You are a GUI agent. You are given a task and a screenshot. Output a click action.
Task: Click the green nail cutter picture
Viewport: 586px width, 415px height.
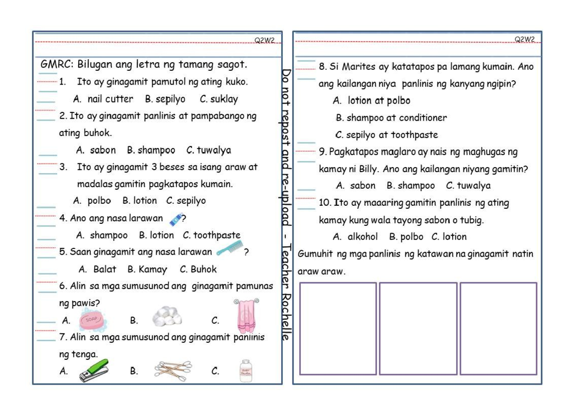pyautogui.click(x=94, y=371)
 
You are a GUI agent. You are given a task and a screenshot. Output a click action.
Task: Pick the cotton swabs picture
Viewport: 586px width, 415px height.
pyautogui.click(x=173, y=371)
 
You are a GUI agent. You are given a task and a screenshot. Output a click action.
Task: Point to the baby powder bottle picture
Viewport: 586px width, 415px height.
pyautogui.click(x=245, y=371)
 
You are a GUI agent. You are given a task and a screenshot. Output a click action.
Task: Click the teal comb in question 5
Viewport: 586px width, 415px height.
pyautogui.click(x=229, y=249)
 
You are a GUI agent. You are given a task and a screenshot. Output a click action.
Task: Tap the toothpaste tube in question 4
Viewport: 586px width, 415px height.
pyautogui.click(x=175, y=218)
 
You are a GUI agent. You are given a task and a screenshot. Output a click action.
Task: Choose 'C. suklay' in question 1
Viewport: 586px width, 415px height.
pyautogui.click(x=219, y=99)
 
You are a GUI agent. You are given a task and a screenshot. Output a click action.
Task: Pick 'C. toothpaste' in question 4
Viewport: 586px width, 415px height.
pyautogui.click(x=211, y=235)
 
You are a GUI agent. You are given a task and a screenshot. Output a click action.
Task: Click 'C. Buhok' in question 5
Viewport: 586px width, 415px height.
pyautogui.click(x=198, y=269)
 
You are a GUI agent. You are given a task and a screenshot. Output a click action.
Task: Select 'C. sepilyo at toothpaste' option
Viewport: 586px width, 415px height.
pyautogui.click(x=386, y=135)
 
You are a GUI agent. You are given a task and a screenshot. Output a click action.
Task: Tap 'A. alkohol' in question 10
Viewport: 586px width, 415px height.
pyautogui.click(x=355, y=237)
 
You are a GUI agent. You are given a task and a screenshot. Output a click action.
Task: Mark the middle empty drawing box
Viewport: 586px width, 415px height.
pyautogui.click(x=418, y=328)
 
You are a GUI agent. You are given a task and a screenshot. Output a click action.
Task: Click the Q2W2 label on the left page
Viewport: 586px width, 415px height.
pyautogui.click(x=265, y=40)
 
